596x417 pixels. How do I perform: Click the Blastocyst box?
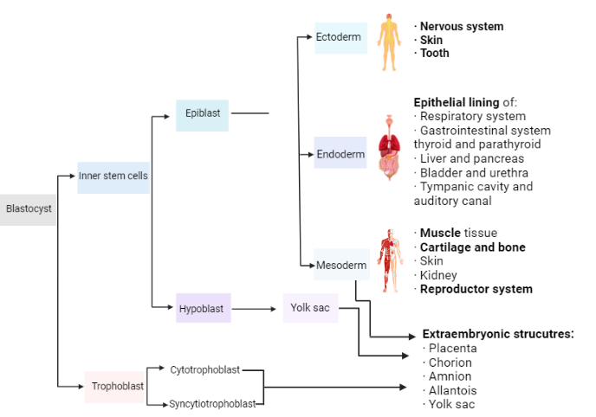coord(28,208)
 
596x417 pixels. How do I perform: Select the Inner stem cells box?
coord(113,176)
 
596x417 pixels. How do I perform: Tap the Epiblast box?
coord(202,113)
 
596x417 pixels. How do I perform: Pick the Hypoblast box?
coord(203,308)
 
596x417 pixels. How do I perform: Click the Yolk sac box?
coord(309,308)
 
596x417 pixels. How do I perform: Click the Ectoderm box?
coord(340,37)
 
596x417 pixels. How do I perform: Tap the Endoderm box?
coord(340,154)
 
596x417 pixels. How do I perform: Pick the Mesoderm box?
coord(340,265)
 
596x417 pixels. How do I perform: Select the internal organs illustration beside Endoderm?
coord(390,148)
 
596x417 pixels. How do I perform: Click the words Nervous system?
coord(461,27)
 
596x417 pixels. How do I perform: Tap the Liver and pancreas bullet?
coord(471,158)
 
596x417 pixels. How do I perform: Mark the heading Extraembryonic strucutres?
coord(498,334)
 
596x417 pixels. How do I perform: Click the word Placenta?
coord(453,349)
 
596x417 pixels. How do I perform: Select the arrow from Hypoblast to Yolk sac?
coord(256,308)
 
